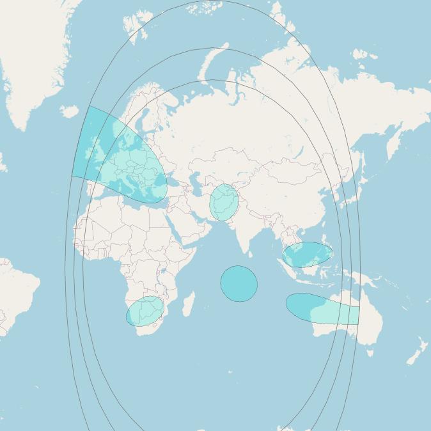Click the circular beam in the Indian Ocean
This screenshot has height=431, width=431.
tap(239, 284)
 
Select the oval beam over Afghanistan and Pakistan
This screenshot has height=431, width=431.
tap(224, 203)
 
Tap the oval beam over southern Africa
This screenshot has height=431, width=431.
tap(146, 311)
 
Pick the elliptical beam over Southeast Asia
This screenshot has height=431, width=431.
tap(308, 255)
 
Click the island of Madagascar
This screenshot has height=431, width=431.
tap(189, 304)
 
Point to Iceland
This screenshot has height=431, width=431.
tap(69, 112)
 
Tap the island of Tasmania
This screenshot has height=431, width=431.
tap(369, 351)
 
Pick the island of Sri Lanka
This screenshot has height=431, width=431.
tap(251, 253)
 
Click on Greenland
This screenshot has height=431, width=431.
tap(32, 51)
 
